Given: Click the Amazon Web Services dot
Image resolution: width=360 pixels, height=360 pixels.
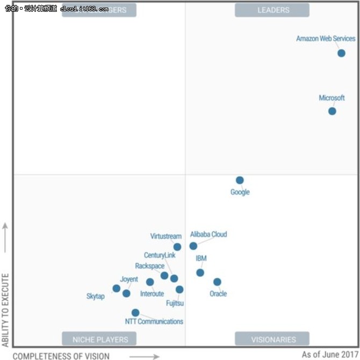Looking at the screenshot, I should pos(341,53).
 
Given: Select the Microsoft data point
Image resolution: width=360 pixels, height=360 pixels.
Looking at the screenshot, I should pos(332,111).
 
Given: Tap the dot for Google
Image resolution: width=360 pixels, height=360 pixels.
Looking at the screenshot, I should pos(240,180).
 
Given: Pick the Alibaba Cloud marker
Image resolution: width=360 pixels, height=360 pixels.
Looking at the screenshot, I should pos(193,246).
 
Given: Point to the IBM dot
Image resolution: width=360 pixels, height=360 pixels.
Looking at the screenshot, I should pos(200,272).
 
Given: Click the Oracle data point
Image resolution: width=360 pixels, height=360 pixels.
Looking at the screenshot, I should pos(217,282).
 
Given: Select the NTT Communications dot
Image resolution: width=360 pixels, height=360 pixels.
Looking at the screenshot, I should pos(135,313).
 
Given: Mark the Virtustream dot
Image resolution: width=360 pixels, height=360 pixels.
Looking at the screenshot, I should pos(177,247).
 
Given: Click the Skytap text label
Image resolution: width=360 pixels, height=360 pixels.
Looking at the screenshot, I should pos(96,296).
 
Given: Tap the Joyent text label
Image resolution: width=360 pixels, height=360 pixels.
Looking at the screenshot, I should pos(129,279).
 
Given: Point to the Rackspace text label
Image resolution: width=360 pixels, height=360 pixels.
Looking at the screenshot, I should pos(150,266).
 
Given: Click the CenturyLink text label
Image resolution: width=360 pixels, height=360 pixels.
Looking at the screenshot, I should pos(160,255).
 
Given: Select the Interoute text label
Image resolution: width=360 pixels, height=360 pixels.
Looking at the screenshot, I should pos(152,294).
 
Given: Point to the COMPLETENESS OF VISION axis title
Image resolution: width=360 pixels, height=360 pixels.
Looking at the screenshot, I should pos(61,356).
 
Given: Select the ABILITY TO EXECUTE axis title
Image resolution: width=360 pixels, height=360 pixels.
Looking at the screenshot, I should pos(5,310).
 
